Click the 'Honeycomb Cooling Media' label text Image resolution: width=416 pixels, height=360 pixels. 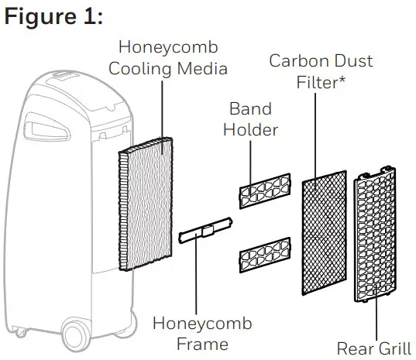tap(168, 58)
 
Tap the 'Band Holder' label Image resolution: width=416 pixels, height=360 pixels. tap(250, 118)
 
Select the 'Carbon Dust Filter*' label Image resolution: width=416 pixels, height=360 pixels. tap(320, 71)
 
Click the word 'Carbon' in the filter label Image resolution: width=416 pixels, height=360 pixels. tap(295, 60)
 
